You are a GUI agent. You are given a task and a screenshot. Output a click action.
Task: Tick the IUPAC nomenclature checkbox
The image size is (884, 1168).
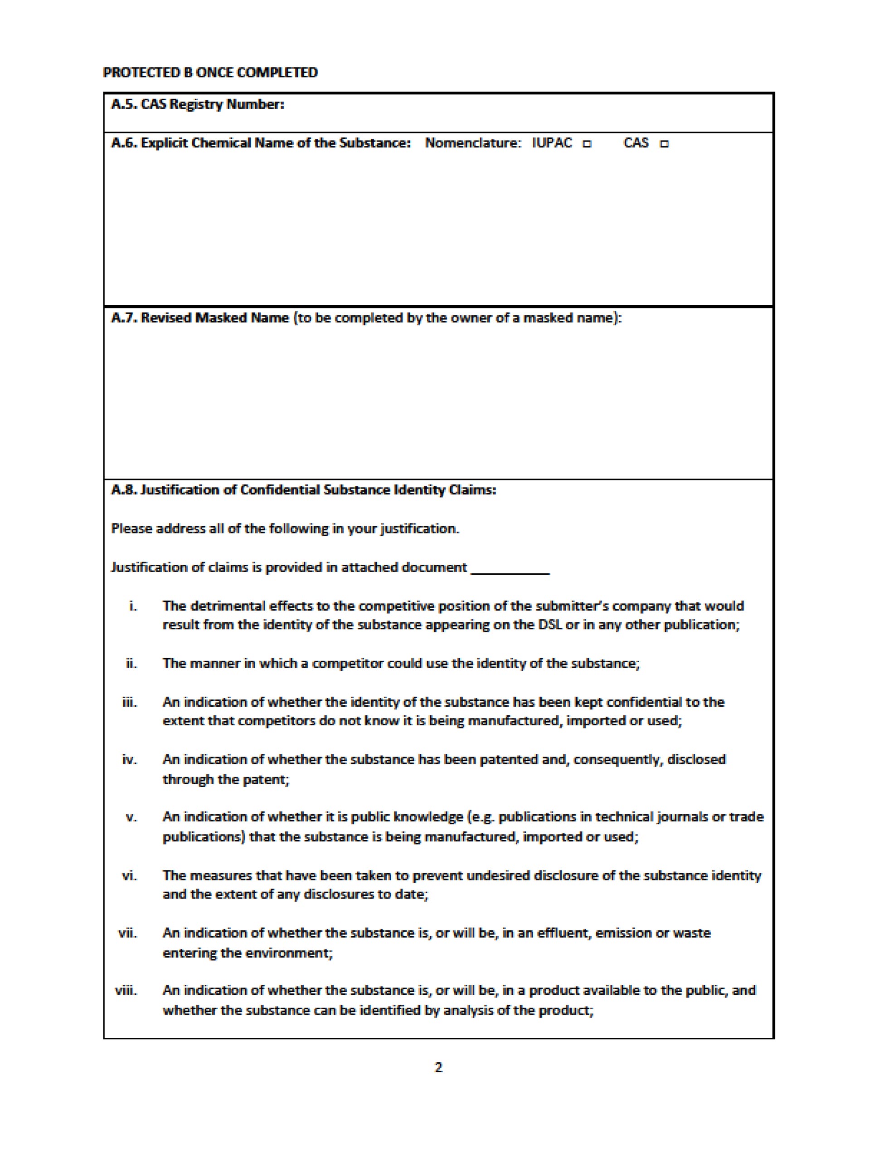(588, 144)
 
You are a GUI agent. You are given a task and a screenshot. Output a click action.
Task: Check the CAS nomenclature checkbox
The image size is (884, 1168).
(665, 144)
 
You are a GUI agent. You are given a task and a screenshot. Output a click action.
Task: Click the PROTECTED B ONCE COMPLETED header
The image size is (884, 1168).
(210, 72)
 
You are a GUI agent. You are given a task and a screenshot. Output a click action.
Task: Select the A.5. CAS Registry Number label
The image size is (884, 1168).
(197, 104)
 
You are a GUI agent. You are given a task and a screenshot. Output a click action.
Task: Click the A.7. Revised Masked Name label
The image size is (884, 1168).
(200, 318)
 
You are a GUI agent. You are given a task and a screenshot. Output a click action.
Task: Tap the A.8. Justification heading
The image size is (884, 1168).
(303, 490)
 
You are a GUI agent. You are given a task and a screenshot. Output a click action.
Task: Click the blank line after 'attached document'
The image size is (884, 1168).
(510, 569)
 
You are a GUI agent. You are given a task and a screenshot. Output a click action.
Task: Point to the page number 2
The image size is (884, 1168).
(438, 1067)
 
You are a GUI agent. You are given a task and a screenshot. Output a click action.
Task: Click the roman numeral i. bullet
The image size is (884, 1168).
(133, 606)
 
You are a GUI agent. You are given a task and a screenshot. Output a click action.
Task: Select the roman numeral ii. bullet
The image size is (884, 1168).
(131, 664)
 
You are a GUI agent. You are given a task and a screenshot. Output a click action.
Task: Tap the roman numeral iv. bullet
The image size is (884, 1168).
(129, 760)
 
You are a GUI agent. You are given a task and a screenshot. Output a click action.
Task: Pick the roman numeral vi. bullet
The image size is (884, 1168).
(129, 875)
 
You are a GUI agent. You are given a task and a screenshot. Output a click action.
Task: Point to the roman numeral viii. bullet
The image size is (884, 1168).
(126, 990)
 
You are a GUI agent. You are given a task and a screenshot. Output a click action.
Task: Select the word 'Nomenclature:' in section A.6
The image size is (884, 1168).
(473, 143)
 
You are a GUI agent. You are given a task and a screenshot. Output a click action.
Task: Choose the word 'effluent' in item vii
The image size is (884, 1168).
(563, 933)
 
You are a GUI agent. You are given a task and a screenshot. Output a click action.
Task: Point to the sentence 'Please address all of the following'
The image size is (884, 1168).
(285, 529)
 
